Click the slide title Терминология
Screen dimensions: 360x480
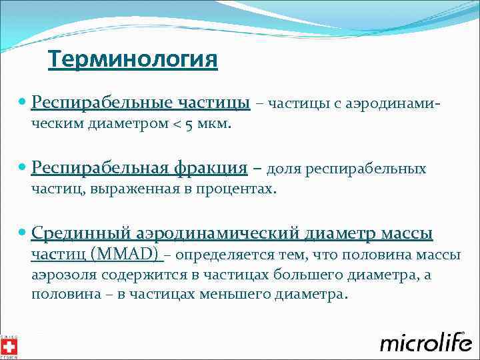133,60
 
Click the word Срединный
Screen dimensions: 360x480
81,233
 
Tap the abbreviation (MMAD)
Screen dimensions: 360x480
125,254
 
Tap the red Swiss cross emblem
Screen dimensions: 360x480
9,346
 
